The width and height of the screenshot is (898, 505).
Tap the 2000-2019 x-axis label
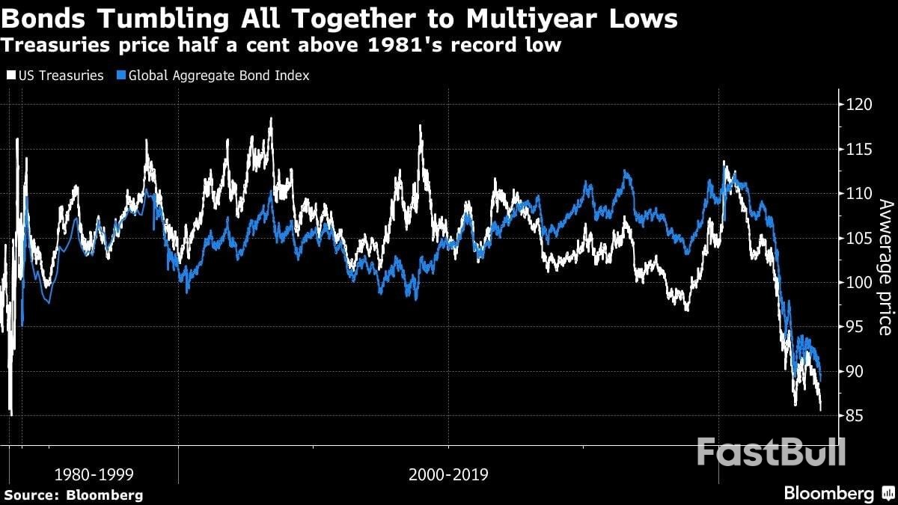coord(448,474)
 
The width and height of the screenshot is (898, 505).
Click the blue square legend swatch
coord(122,76)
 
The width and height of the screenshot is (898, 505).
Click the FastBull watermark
coord(771,453)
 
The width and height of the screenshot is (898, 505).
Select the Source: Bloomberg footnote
coord(73,495)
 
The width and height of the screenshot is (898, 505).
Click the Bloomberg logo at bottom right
coord(838,494)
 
